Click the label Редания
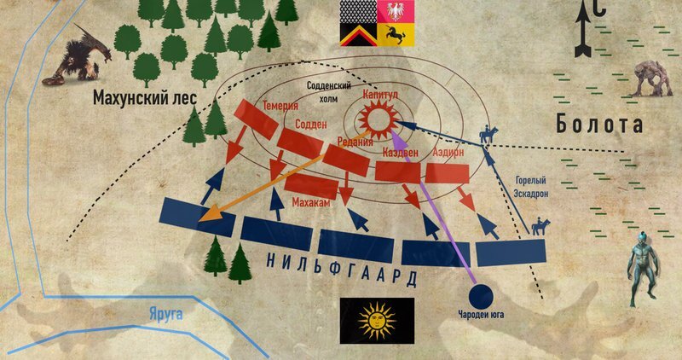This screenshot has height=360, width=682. tap(355, 142)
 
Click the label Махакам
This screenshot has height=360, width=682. tap(311, 204)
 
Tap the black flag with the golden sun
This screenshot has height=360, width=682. tap(377, 321)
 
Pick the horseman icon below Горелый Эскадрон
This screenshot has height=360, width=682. tap(540, 227)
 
